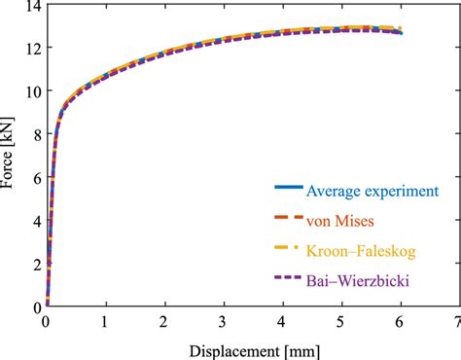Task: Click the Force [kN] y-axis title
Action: point(11,156)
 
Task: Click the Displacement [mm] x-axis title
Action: point(252,347)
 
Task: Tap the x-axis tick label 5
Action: point(340,320)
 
